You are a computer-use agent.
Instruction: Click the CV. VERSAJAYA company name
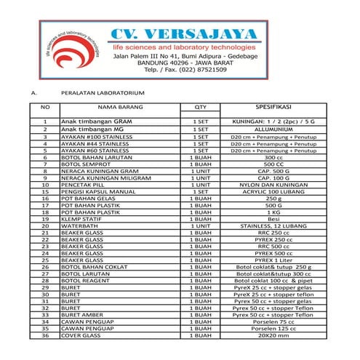click(x=183, y=34)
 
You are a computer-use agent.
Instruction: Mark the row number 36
click(x=45, y=335)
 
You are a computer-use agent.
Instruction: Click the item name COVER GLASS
click(x=81, y=335)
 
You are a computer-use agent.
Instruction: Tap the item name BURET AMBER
click(x=82, y=314)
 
